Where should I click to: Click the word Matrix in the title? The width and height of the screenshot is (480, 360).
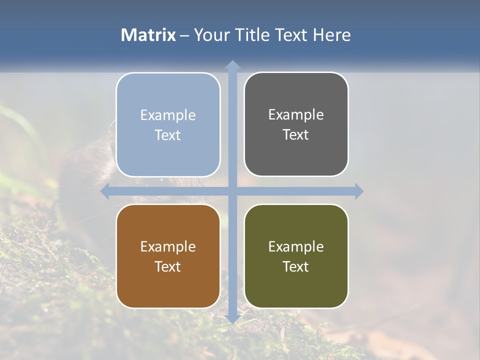[x=148, y=35]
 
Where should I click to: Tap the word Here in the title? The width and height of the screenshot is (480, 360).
[x=331, y=35]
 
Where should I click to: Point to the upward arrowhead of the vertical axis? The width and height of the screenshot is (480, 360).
[x=232, y=64]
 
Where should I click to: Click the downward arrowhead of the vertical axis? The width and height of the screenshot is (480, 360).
[x=232, y=318]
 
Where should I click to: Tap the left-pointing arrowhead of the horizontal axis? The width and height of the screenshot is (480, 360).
[x=105, y=191]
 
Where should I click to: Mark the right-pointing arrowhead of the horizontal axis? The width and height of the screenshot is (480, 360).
[x=358, y=191]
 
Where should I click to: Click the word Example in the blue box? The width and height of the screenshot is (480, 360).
[x=168, y=115]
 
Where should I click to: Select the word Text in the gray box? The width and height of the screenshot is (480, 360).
[x=296, y=134]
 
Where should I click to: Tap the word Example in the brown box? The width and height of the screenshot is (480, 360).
[x=168, y=246]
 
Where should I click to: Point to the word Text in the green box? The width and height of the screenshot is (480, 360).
[x=296, y=266]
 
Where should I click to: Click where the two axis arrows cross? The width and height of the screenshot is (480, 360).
[x=232, y=191]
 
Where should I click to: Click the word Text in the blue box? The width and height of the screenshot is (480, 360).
[x=168, y=135]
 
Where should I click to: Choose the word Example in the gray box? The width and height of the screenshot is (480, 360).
[x=296, y=114]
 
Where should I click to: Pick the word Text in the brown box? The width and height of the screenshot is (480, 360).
[x=168, y=266]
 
